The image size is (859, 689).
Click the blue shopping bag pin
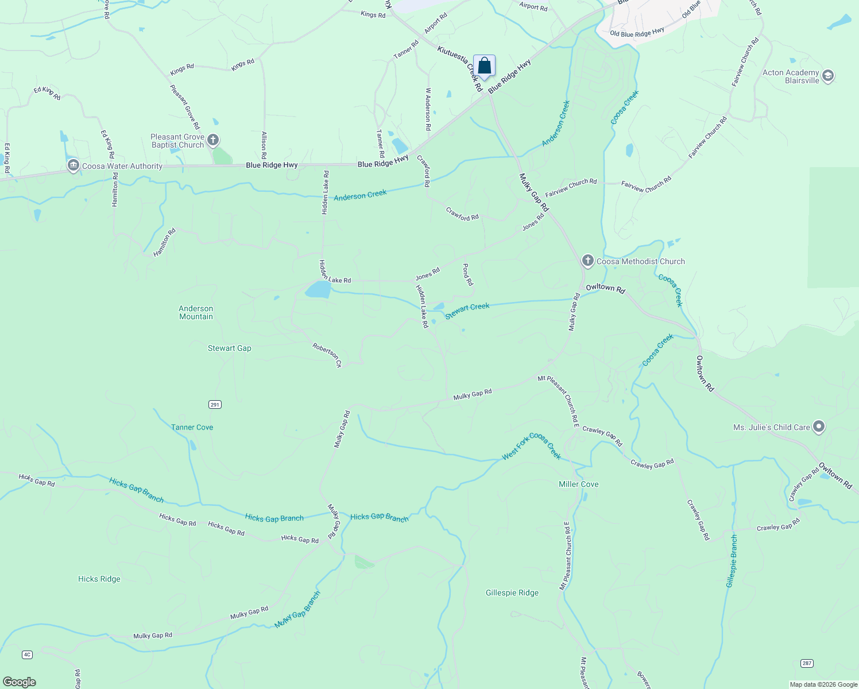[x=484, y=67]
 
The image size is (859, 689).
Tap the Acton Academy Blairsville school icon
[x=828, y=76]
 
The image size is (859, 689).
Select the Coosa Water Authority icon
[x=73, y=166]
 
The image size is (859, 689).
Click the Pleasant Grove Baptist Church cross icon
[x=213, y=140]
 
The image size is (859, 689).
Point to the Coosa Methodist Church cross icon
[x=587, y=261]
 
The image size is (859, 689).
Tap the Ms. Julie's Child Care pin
[x=819, y=427]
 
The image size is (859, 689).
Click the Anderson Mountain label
[x=196, y=312]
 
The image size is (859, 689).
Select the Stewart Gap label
[x=229, y=348]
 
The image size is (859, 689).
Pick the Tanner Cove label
[x=192, y=427]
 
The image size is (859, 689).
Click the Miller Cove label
[x=578, y=484]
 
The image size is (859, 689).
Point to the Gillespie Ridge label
[x=512, y=593]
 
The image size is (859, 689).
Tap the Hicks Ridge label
[x=99, y=579]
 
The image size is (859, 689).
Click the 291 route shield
[x=215, y=405]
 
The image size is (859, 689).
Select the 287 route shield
[x=807, y=663]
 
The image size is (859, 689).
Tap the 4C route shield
[x=27, y=655]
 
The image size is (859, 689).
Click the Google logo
[x=20, y=682]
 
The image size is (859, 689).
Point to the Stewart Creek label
[x=467, y=310]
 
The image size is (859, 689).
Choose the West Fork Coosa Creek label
[x=531, y=446]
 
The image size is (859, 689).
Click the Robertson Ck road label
[x=327, y=355]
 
